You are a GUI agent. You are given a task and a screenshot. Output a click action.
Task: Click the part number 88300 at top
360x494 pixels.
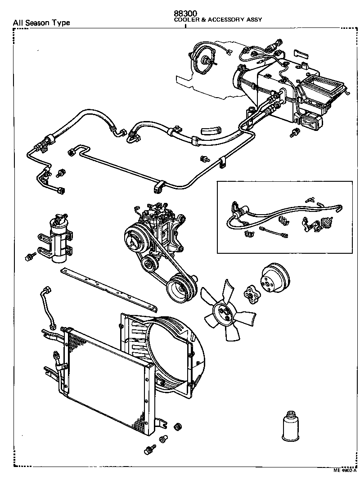tap(186, 13)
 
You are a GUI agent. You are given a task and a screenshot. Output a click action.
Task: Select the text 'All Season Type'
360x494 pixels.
tap(41, 22)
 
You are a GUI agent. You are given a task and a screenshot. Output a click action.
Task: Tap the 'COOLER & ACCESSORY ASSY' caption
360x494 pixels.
tap(218, 20)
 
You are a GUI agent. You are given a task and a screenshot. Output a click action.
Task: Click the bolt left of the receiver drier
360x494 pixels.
tap(30, 257)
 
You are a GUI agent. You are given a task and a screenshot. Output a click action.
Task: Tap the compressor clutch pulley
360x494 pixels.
tap(135, 238)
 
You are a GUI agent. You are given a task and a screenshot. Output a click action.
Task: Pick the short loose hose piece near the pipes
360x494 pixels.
tap(211, 130)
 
